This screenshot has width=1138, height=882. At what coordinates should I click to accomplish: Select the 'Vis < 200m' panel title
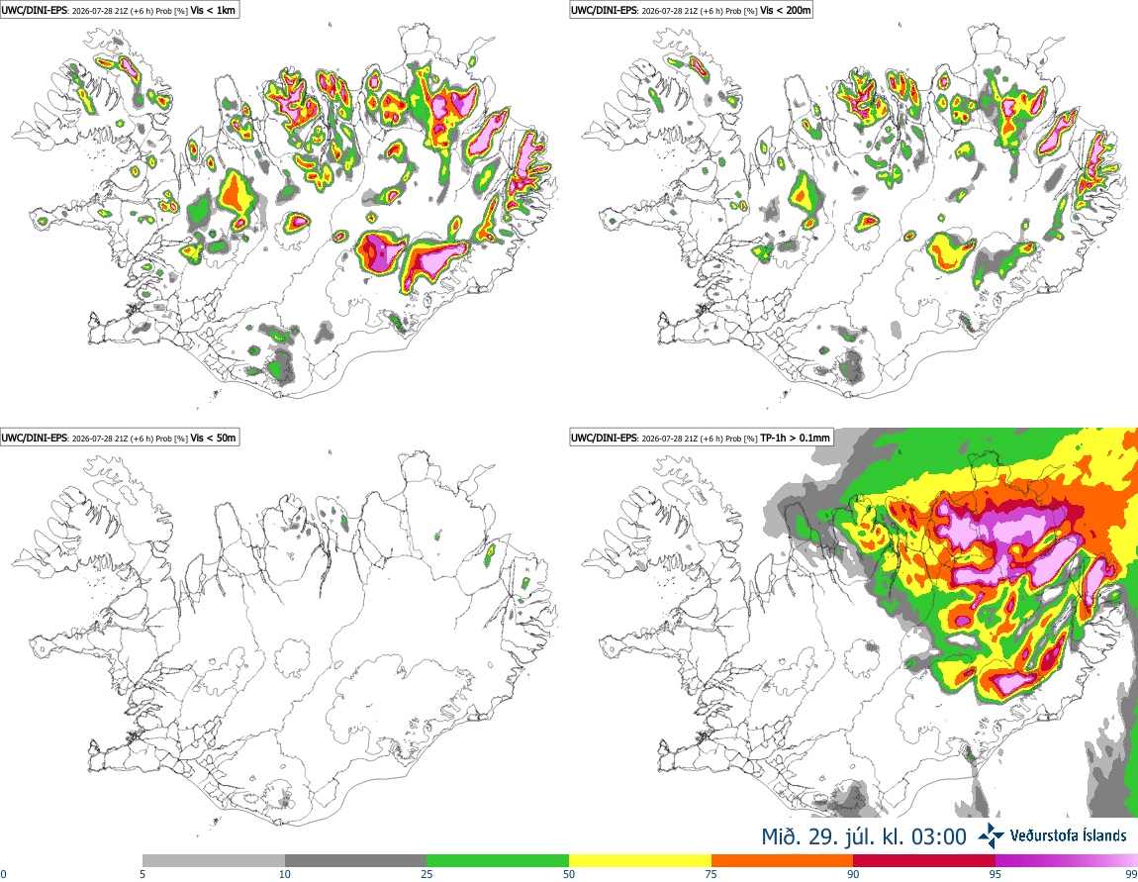click(x=785, y=10)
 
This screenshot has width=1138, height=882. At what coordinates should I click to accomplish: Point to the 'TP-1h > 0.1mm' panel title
click(x=795, y=438)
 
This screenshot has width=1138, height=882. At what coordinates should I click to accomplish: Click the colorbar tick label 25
click(x=427, y=874)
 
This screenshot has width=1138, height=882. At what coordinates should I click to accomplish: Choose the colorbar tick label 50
click(x=569, y=874)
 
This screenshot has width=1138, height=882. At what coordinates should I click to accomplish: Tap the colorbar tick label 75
click(x=711, y=874)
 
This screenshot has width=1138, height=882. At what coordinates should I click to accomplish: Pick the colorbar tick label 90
click(x=853, y=874)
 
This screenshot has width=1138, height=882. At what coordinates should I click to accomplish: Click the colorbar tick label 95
click(x=996, y=874)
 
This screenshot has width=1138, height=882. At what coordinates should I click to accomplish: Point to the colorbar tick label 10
click(x=285, y=874)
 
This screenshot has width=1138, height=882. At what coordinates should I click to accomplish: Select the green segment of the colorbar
click(x=498, y=861)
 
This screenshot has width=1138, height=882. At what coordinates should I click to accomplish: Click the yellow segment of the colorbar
click(x=640, y=861)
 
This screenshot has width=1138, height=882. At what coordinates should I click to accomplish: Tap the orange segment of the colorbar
click(x=783, y=861)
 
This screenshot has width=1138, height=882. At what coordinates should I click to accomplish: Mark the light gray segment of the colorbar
click(x=214, y=861)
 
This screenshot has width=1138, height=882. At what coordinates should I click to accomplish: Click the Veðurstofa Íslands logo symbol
click(x=991, y=835)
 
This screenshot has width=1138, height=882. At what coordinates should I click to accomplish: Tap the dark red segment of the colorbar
click(x=924, y=861)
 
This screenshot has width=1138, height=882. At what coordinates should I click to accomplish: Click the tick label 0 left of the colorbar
click(x=3, y=874)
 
